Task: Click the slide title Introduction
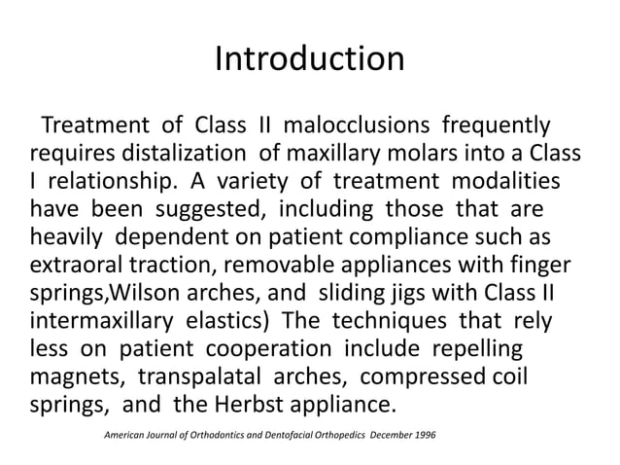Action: point(309,60)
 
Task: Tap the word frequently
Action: point(499,126)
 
